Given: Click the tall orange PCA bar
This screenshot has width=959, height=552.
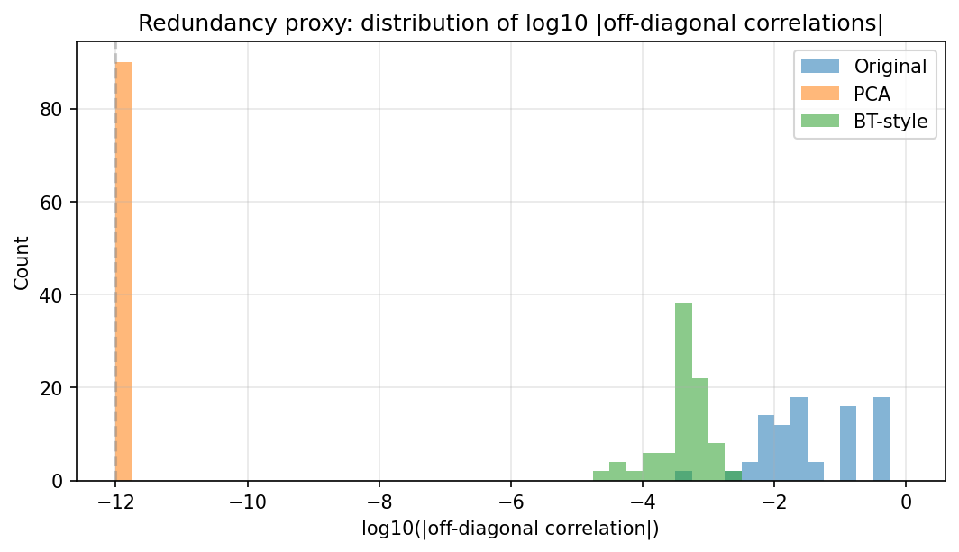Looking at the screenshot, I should point(124,270).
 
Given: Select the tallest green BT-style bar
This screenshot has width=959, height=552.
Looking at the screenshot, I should point(683,387).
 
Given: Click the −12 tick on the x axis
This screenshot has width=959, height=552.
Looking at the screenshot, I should point(115,502).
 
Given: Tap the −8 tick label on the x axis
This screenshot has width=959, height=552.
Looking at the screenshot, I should point(379,502).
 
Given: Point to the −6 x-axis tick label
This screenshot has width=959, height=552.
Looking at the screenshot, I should point(510,502).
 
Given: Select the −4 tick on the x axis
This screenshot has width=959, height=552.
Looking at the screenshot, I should point(642,502).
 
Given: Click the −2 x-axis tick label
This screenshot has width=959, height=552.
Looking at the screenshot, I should point(773,502).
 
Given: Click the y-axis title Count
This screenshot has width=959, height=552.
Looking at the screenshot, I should point(22,262).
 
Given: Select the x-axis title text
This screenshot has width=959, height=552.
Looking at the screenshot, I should point(510,529).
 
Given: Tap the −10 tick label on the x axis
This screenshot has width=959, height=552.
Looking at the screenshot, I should point(247,502).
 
